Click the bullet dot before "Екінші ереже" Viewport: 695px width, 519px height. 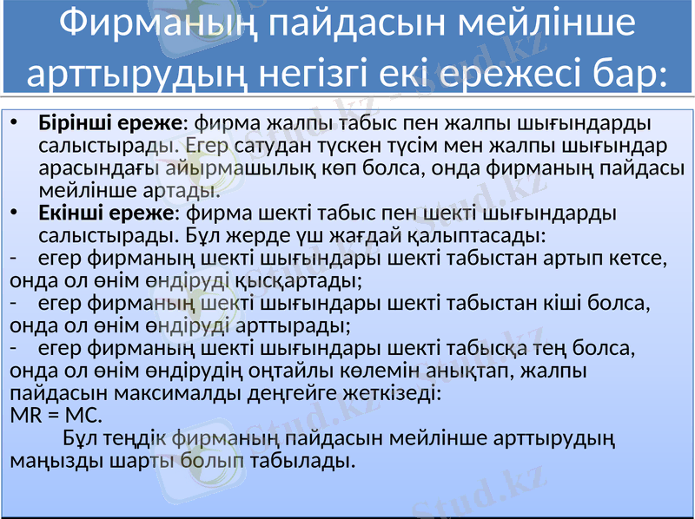17,212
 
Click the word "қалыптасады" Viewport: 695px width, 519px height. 487,234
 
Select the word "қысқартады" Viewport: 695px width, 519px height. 295,279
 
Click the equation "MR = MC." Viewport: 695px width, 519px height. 55,415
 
